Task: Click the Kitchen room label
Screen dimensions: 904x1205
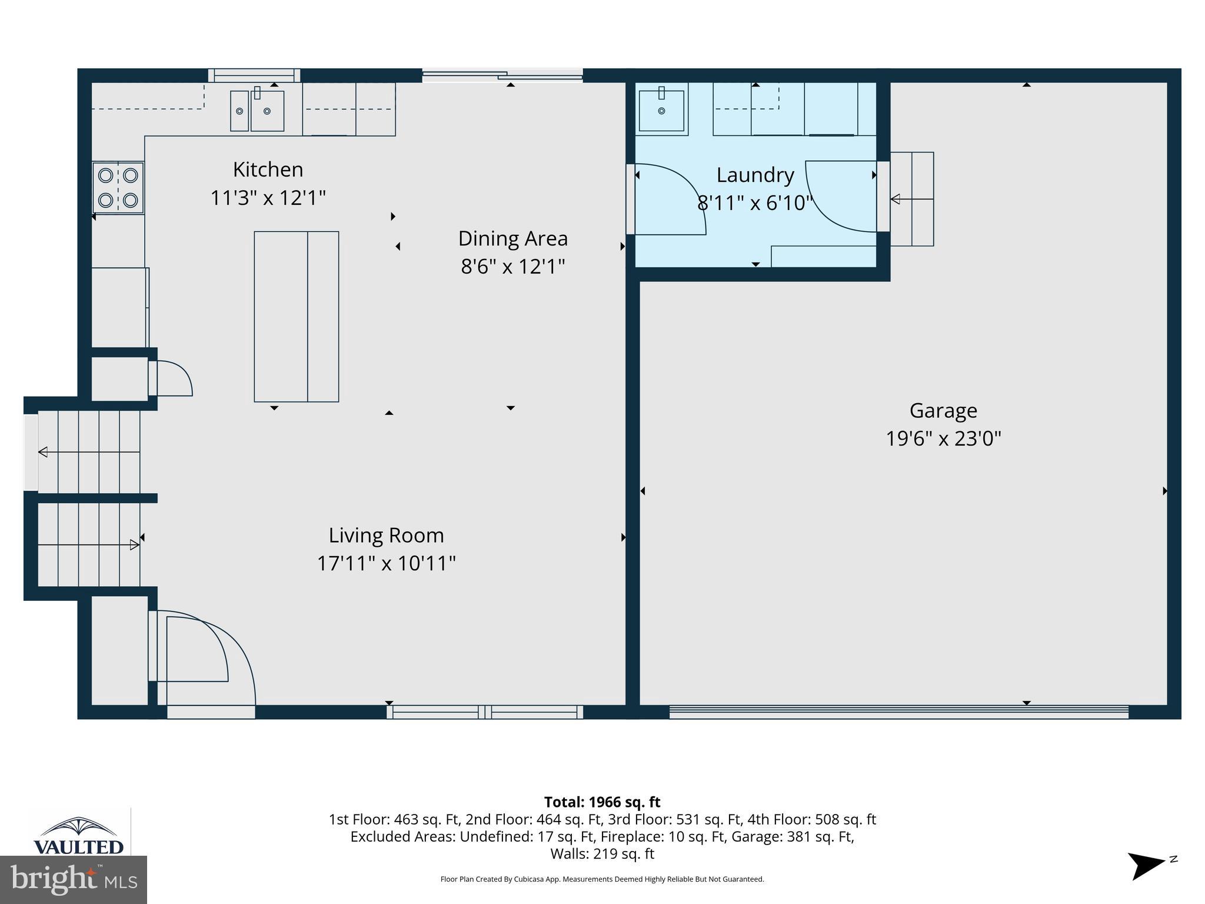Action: point(268,169)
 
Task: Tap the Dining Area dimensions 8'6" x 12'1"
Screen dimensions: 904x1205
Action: point(512,267)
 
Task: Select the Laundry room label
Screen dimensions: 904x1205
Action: point(755,175)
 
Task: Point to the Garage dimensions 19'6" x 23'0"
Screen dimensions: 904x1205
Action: point(943,438)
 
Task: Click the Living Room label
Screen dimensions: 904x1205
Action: point(386,535)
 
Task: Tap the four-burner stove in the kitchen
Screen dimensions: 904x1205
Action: point(118,188)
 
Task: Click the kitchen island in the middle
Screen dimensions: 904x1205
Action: point(296,317)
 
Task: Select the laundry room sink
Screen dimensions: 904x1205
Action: point(661,110)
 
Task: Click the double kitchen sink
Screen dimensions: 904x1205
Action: point(257,111)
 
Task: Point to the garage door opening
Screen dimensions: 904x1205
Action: point(898,713)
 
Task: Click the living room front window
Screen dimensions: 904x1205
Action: point(485,712)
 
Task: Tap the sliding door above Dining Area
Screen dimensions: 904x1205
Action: point(502,75)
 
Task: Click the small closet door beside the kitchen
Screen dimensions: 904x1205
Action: point(171,378)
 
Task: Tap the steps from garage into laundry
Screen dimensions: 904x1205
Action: point(911,199)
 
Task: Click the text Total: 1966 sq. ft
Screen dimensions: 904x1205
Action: point(602,802)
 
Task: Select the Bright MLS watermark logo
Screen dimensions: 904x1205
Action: point(73,879)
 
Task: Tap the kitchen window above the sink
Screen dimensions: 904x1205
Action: point(254,75)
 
